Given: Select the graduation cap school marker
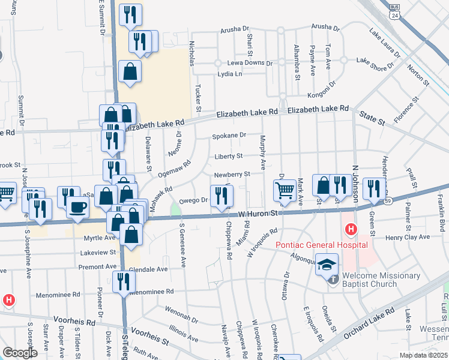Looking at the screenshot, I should [327, 264].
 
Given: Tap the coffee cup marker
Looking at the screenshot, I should [77, 207].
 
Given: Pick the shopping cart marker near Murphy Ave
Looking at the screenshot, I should [285, 191].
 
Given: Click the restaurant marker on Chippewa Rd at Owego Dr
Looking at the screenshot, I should [221, 195].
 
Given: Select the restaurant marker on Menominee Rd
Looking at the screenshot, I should [124, 281].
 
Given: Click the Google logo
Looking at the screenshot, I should [20, 353].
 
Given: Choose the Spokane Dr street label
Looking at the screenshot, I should [229, 136].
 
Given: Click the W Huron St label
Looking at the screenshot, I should [259, 212].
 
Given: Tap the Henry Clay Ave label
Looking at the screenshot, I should [408, 238].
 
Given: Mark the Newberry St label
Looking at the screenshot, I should [232, 175].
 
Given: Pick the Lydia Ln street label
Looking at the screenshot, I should [230, 74].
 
